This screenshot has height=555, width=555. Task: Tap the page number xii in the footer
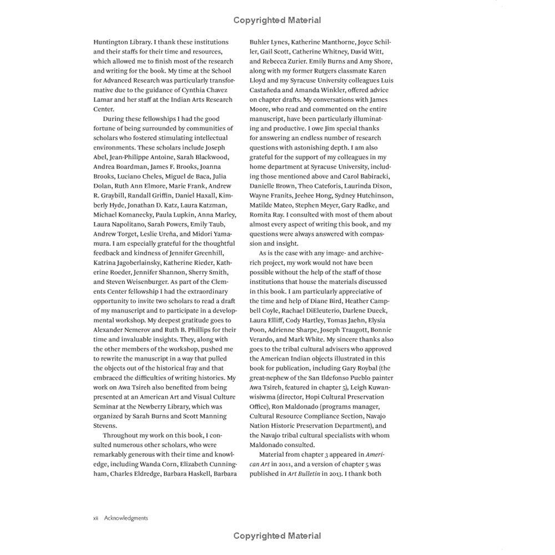coord(96,518)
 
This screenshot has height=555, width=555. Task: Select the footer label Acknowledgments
coord(126,518)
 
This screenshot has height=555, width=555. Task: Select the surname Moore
coord(264,109)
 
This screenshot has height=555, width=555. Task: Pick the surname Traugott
coord(351,330)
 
